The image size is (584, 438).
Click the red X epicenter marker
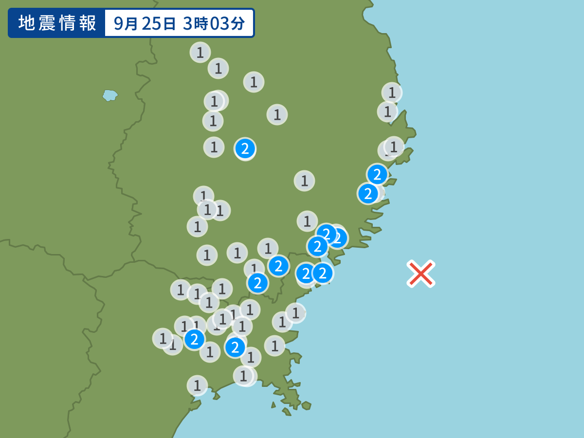421,274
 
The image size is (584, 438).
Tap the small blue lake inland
110,95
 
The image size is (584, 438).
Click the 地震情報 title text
57,23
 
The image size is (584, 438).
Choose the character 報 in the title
89,23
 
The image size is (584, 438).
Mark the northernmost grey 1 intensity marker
200,52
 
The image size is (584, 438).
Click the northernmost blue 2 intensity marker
245,148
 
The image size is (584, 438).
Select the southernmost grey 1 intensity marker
197,385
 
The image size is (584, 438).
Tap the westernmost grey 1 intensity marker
163,338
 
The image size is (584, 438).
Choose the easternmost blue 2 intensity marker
377,174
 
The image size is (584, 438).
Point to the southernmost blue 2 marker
235,347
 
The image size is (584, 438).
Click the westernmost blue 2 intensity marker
194,339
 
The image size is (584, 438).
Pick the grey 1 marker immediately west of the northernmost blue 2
214,147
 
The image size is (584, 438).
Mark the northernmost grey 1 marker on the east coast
392,92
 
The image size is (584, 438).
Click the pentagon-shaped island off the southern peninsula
306,405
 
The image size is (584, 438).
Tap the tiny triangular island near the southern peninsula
274,404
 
